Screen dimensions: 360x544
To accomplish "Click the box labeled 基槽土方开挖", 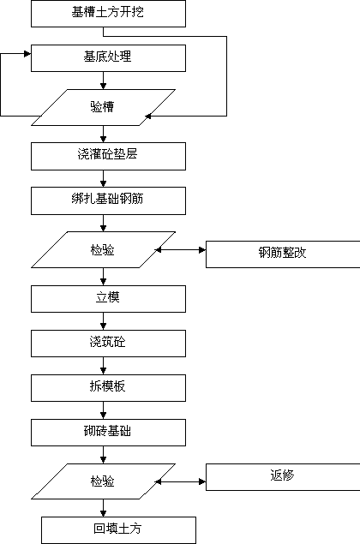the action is [108, 14].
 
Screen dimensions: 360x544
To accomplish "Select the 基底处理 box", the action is [108, 58].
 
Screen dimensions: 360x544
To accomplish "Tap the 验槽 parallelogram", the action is [103, 107].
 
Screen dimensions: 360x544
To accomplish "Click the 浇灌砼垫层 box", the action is [108, 156].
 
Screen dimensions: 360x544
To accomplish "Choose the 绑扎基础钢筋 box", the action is [108, 200].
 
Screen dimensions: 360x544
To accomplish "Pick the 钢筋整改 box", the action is [283, 254].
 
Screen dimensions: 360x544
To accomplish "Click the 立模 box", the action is [108, 299].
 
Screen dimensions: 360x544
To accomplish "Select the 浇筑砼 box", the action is [108, 344].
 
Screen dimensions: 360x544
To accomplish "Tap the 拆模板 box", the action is [108, 388].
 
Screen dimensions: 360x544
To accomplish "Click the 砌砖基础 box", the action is [108, 433].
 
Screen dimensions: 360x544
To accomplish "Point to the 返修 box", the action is [283, 477].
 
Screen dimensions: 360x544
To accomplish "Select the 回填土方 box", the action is [119, 530].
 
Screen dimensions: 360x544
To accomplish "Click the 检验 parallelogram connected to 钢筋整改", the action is [103, 250].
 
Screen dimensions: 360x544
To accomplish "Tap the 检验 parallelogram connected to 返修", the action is [103, 481].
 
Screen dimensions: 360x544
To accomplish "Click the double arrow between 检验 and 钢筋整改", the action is [180, 250].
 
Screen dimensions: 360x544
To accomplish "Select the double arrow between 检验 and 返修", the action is [180, 481].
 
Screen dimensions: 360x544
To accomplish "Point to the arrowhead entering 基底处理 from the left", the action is [27, 54].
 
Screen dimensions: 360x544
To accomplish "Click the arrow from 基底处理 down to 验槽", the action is [103, 81].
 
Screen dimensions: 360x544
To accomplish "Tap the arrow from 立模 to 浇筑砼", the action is [103, 321].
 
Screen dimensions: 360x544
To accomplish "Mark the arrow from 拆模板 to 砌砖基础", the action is [103, 410].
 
